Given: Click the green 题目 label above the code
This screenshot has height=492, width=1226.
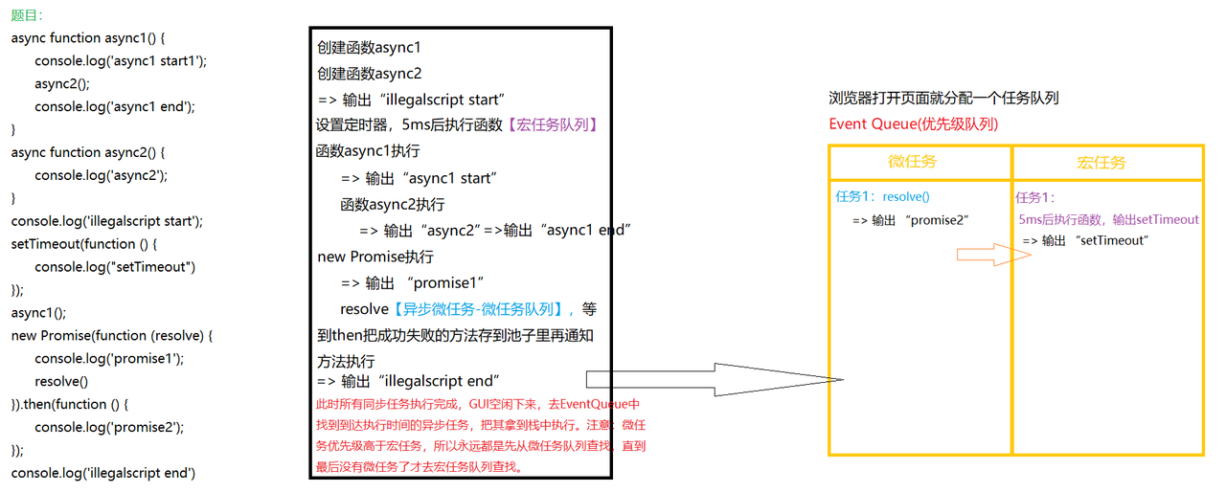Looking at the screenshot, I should coord(26,15).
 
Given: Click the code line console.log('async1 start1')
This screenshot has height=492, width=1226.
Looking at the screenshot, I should coord(121,60).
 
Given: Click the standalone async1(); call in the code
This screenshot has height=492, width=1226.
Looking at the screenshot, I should coord(39,312).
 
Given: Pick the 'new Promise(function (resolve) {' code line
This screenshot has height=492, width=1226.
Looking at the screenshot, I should coord(111,335).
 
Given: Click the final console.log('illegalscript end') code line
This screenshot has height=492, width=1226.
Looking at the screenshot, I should coord(103,473).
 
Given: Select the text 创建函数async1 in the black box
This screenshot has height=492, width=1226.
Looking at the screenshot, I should coord(369,47).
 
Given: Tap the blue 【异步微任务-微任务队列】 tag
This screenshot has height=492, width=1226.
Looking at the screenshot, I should coord(475,309).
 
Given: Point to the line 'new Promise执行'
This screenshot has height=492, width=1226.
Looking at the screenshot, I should coord(375,257).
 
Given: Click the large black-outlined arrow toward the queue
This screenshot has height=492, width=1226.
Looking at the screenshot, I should coord(714,380).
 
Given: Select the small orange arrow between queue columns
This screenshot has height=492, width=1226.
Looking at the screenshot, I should coord(989,255).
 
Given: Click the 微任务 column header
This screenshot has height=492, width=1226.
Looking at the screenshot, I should coord(913,162).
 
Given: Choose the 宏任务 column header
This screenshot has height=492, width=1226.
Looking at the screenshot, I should coord(1101,163).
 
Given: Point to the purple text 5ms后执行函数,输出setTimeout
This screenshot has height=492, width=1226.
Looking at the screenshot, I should coord(1108,219).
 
